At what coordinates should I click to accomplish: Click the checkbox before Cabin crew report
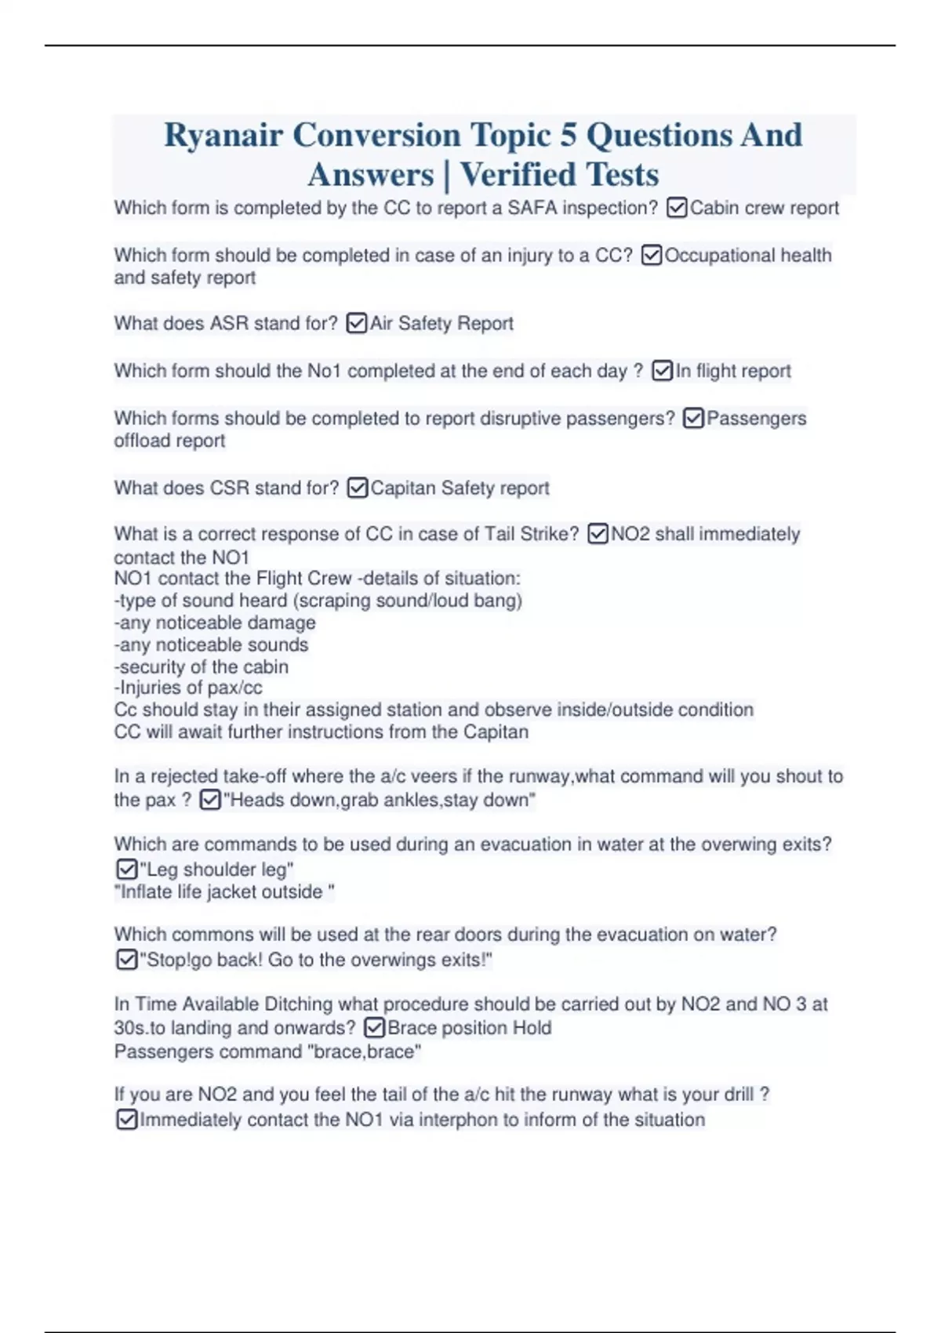pos(677,208)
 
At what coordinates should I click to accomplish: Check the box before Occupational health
pos(652,255)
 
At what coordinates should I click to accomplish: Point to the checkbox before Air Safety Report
pos(357,323)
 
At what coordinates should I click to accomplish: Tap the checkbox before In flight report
pos(663,370)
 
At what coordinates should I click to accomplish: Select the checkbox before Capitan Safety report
pos(358,488)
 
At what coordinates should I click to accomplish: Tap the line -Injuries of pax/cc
pos(188,688)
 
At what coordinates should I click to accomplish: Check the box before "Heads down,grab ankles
pos(210,800)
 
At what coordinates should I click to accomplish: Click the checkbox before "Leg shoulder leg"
pos(127,869)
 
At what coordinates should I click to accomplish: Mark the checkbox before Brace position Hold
pos(375,1027)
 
